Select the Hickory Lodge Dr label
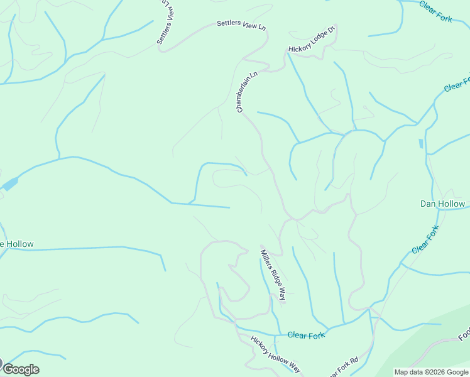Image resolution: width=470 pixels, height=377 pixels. click(x=313, y=39)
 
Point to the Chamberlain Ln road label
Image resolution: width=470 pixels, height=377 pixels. click(x=247, y=92)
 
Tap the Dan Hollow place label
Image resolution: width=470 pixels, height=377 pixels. click(x=442, y=204)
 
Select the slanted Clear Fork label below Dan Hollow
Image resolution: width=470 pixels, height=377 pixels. click(x=425, y=240)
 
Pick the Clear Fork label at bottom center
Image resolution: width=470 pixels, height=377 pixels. click(x=306, y=335)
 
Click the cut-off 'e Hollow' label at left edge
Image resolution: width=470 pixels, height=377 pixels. click(x=17, y=244)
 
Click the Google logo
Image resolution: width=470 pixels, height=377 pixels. click(x=20, y=369)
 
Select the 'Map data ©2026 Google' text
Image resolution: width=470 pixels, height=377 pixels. click(x=432, y=372)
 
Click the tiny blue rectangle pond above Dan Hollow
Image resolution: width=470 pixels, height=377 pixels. click(x=420, y=144)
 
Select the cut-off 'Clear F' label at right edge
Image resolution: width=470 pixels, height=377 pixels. click(x=457, y=85)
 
